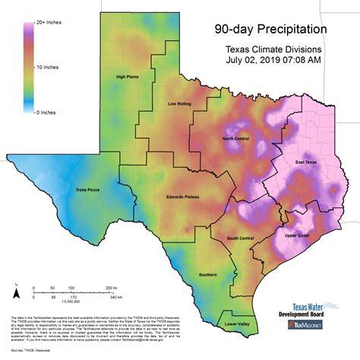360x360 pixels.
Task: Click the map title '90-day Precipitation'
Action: [x=271, y=31]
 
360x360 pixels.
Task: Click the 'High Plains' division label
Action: [x=130, y=77]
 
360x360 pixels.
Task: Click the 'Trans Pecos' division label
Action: [x=89, y=190]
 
